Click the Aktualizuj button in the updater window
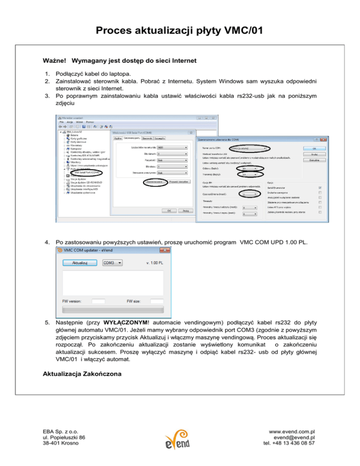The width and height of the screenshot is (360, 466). (80, 263)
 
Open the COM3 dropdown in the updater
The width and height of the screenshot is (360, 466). (112, 263)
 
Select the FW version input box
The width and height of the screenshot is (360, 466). (98, 301)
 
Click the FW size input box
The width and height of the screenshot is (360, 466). (157, 301)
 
